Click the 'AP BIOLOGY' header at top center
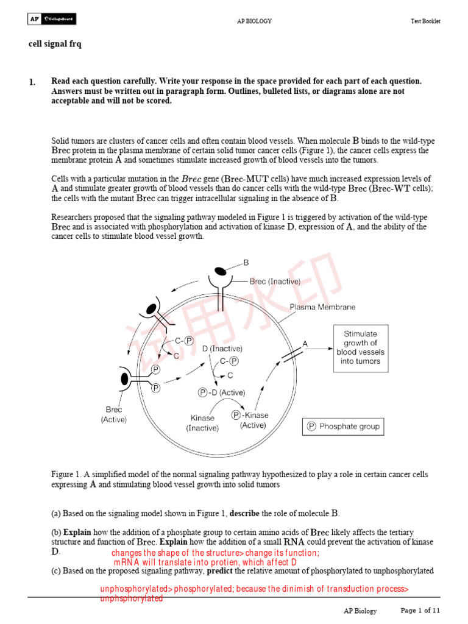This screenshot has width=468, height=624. [x=254, y=21]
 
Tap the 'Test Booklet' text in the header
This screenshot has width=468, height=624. [x=425, y=21]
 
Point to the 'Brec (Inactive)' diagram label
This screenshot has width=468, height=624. [x=275, y=282]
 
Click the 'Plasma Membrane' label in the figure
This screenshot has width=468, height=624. [x=322, y=307]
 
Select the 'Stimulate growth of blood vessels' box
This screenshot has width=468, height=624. [x=361, y=347]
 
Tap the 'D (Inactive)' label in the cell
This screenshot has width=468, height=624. [x=222, y=349]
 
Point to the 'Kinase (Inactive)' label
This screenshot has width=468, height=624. [x=202, y=423]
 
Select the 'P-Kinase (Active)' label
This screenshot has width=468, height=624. [x=250, y=420]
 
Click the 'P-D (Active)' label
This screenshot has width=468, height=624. [x=222, y=392]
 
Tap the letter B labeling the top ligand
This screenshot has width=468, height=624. [x=246, y=263]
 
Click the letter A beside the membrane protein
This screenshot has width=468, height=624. [x=305, y=344]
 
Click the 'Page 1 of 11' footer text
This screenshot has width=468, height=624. [x=419, y=610]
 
